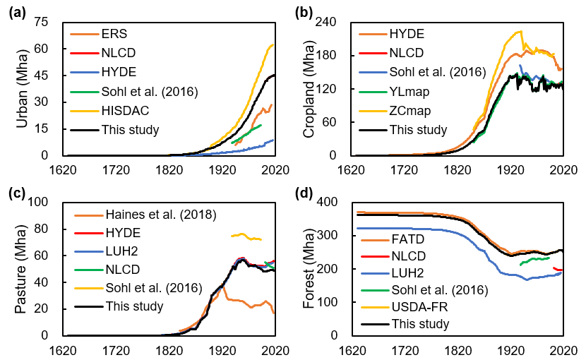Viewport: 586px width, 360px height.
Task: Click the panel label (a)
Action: tap(16, 11)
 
